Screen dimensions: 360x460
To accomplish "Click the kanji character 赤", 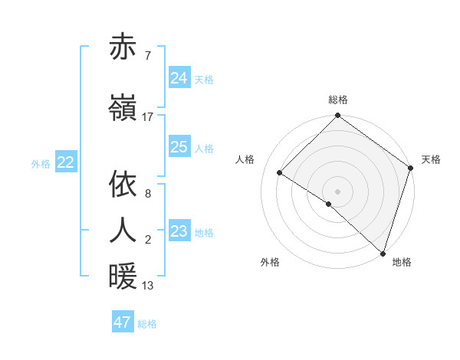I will point(123,48).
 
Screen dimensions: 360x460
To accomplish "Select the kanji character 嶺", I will point(123,110).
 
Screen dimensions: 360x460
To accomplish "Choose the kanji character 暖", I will point(123,277).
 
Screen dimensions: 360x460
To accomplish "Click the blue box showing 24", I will point(179,78).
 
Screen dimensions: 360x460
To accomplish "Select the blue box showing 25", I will point(179,147).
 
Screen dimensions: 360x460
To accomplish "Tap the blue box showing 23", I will point(179,231).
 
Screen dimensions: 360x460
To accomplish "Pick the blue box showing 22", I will point(66,162).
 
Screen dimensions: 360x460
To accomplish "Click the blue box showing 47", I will point(123,322).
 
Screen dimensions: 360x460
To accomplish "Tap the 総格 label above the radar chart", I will point(337,100).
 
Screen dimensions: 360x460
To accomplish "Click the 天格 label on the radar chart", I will point(431,159).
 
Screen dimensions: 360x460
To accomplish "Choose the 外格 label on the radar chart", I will point(270,262).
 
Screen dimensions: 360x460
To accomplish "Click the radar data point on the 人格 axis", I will point(280,172).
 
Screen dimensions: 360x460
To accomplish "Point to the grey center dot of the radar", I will point(337,191).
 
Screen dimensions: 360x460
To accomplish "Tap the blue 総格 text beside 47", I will point(147,324).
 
